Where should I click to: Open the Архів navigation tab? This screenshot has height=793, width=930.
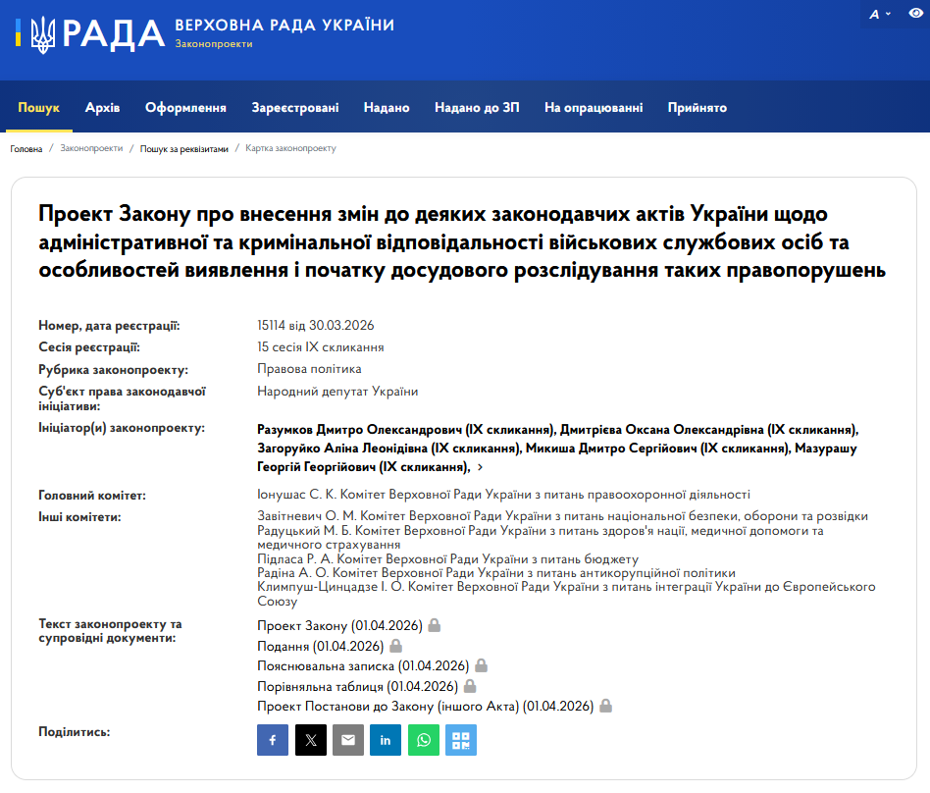[x=102, y=108]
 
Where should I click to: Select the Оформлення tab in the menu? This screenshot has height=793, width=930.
[x=185, y=108]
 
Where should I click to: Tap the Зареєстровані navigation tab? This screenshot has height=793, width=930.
[x=295, y=108]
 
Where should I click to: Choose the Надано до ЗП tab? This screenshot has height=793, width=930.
[x=477, y=108]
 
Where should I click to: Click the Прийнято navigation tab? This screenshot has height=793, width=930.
[x=697, y=108]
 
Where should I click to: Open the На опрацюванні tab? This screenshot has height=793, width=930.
[x=594, y=108]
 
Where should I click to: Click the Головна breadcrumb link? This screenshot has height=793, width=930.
[x=26, y=149]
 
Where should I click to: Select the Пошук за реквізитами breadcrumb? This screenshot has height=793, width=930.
[x=183, y=149]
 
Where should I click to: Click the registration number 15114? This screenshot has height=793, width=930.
[x=274, y=326]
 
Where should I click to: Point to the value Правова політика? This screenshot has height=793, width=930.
[x=309, y=369]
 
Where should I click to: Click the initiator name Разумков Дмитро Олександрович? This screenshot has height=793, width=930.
[x=355, y=430]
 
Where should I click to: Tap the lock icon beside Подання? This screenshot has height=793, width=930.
[x=396, y=646]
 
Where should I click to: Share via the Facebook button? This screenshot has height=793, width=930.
[x=273, y=740]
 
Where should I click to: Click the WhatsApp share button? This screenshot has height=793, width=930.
[x=423, y=740]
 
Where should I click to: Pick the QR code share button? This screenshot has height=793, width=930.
[x=461, y=740]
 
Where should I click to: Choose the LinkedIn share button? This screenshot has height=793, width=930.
[x=386, y=740]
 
